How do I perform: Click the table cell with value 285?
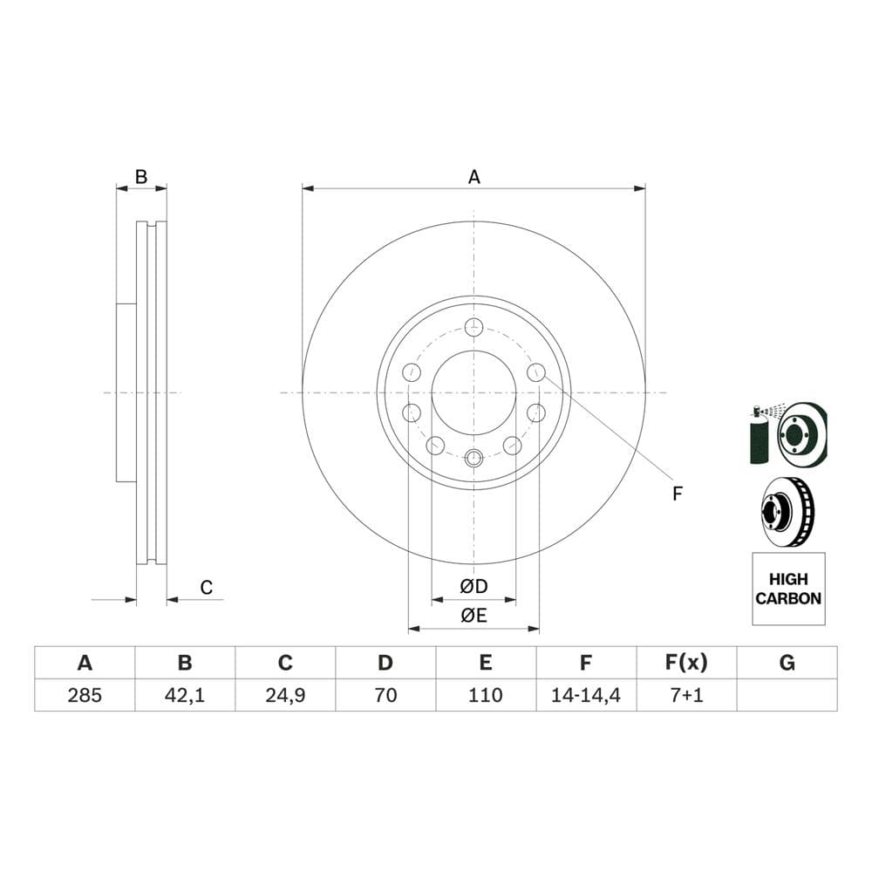click(x=85, y=695)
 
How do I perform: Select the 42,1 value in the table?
click(x=185, y=695)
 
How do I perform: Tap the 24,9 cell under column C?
click(x=285, y=695)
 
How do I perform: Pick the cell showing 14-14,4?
click(x=586, y=695)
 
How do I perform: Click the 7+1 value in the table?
click(x=686, y=695)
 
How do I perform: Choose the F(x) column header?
click(x=686, y=664)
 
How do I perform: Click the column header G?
click(x=787, y=664)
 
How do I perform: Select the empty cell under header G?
click(x=787, y=695)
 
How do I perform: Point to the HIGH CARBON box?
click(x=787, y=589)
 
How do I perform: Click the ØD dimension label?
click(x=473, y=584)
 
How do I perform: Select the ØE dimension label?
click(x=473, y=615)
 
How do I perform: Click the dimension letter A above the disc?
click(x=473, y=177)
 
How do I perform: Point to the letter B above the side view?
click(x=140, y=177)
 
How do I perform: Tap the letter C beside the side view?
click(x=207, y=588)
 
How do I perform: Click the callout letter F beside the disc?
click(x=677, y=494)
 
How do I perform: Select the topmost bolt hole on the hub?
click(x=473, y=328)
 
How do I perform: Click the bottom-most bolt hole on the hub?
click(x=473, y=458)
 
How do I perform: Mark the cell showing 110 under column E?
click(x=486, y=695)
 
